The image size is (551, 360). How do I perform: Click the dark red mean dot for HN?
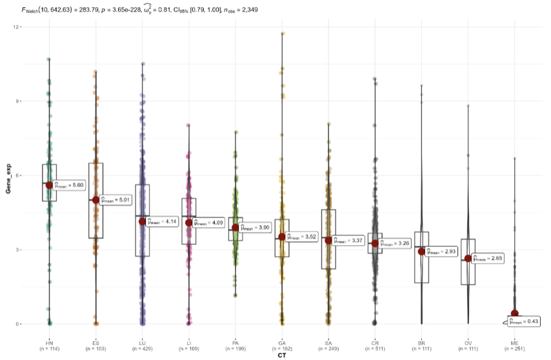pos(49,185)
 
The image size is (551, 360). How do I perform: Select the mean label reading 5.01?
pos(117,200)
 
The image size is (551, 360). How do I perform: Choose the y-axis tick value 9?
pos(19,101)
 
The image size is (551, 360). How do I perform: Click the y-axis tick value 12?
pos(18,27)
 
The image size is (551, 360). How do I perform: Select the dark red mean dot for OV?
pos(468,258)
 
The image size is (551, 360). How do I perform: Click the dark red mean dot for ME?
pos(515,314)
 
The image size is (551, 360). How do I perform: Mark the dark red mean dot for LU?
pos(142,221)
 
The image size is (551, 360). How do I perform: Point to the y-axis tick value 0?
pos(19,324)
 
